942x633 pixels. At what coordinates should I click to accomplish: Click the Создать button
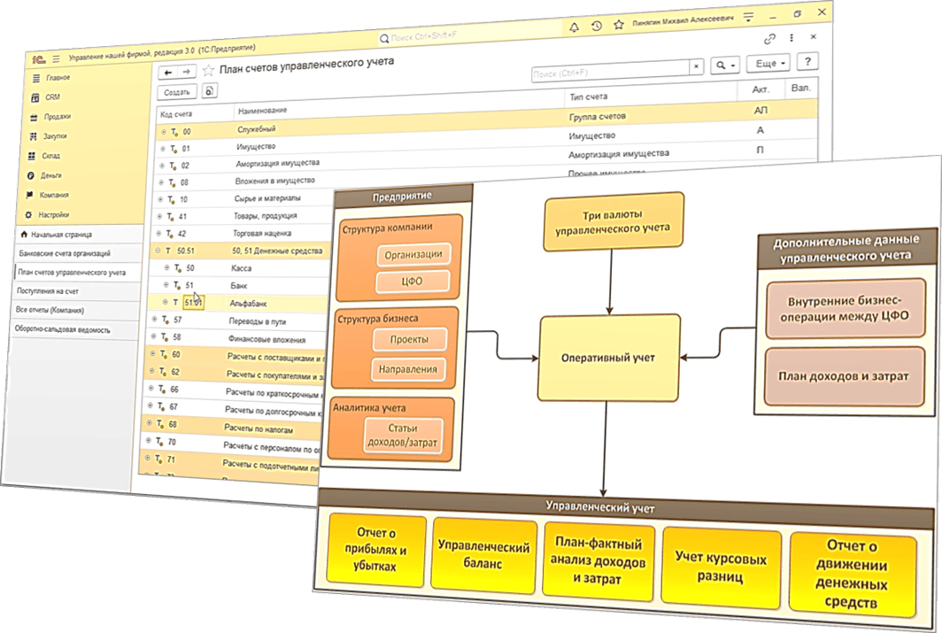[177, 91]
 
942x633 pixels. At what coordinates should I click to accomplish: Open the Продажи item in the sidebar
[58, 116]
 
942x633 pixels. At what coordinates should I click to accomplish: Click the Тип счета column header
[588, 96]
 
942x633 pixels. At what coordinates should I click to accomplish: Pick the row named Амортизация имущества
[277, 164]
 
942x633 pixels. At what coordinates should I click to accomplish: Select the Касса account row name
[240, 268]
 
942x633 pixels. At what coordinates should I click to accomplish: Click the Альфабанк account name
[249, 303]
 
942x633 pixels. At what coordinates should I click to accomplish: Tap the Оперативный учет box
[609, 358]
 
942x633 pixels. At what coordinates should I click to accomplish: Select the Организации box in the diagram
[413, 255]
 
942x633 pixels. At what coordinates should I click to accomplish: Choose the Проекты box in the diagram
[408, 340]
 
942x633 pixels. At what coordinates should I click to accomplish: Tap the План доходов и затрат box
[843, 376]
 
